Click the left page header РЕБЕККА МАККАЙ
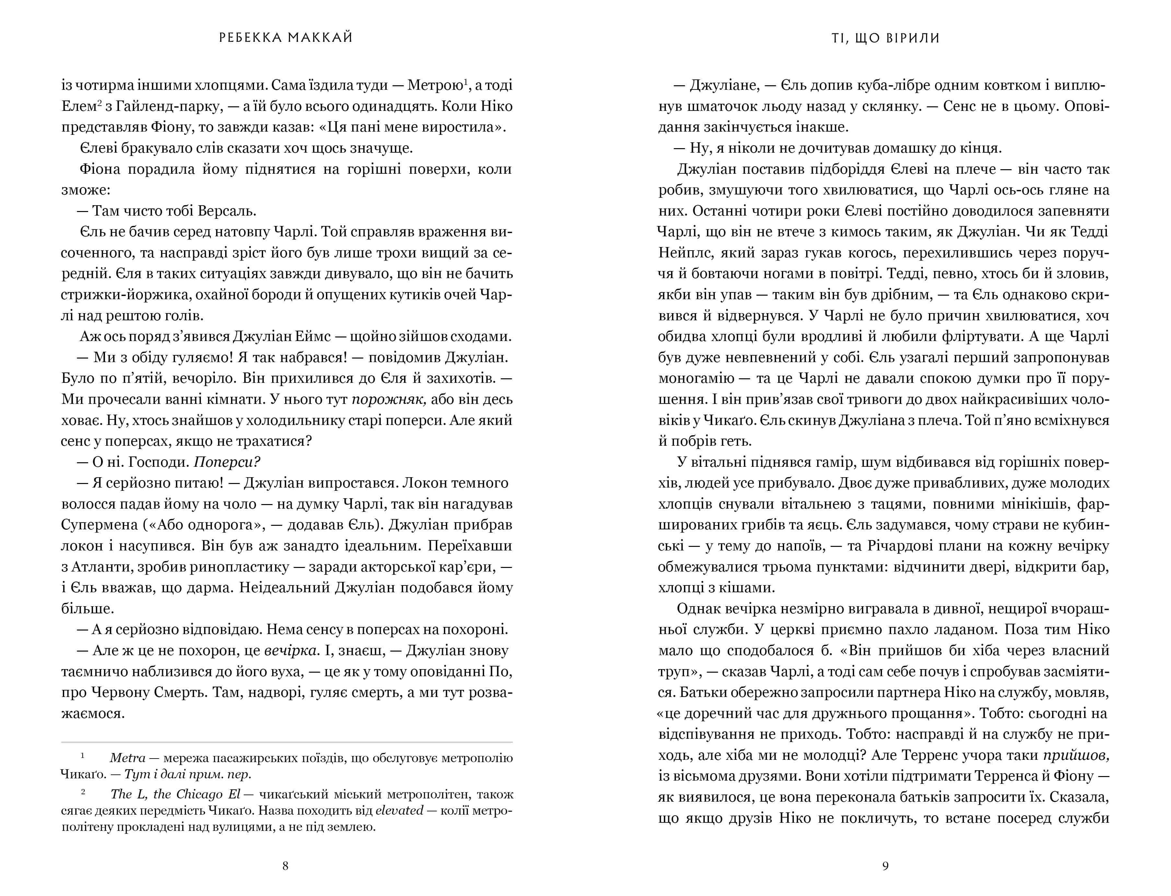tap(286, 38)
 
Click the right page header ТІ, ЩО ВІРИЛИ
tap(885, 38)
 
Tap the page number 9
tap(885, 866)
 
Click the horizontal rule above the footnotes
tap(287, 742)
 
